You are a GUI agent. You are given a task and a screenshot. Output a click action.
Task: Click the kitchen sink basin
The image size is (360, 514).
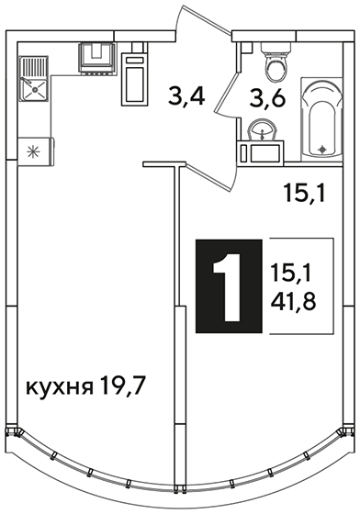(x=34, y=89)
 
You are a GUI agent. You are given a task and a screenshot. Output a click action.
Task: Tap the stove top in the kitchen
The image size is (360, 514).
(x=97, y=58)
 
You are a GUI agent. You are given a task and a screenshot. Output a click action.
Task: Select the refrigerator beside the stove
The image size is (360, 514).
(x=135, y=79)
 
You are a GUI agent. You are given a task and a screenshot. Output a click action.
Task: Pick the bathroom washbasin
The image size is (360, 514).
(x=262, y=130)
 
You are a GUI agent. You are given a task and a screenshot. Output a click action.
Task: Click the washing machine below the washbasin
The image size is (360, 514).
(x=261, y=152)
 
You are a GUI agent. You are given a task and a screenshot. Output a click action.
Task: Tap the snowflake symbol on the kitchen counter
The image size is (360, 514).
(x=33, y=151)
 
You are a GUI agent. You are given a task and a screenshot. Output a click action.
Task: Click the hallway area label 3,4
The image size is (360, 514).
(x=186, y=95)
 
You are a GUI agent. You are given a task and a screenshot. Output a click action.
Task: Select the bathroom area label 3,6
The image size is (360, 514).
(x=267, y=97)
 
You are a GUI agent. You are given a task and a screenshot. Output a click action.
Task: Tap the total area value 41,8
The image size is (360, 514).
(x=293, y=302)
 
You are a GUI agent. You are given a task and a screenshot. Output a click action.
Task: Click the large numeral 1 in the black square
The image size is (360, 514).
(x=229, y=286)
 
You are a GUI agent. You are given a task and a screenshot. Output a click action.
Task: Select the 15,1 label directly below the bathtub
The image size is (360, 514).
(x=304, y=193)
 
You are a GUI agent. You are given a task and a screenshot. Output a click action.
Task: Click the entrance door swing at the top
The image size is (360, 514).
(x=203, y=19)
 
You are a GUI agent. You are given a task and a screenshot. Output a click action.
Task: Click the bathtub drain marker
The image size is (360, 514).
(x=323, y=150)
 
